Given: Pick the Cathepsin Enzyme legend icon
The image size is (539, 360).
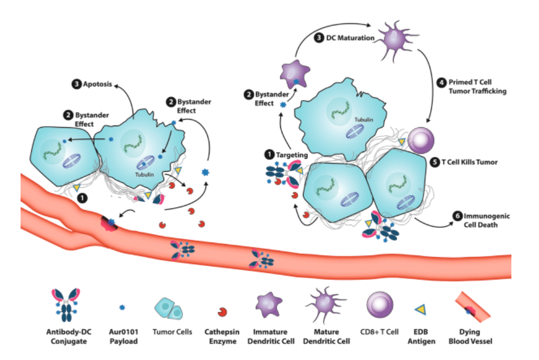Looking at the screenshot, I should pyautogui.click(x=222, y=312).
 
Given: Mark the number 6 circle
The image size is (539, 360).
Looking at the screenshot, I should pyautogui.click(x=457, y=216).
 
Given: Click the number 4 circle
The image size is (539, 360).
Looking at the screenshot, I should pyautogui.click(x=441, y=83).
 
